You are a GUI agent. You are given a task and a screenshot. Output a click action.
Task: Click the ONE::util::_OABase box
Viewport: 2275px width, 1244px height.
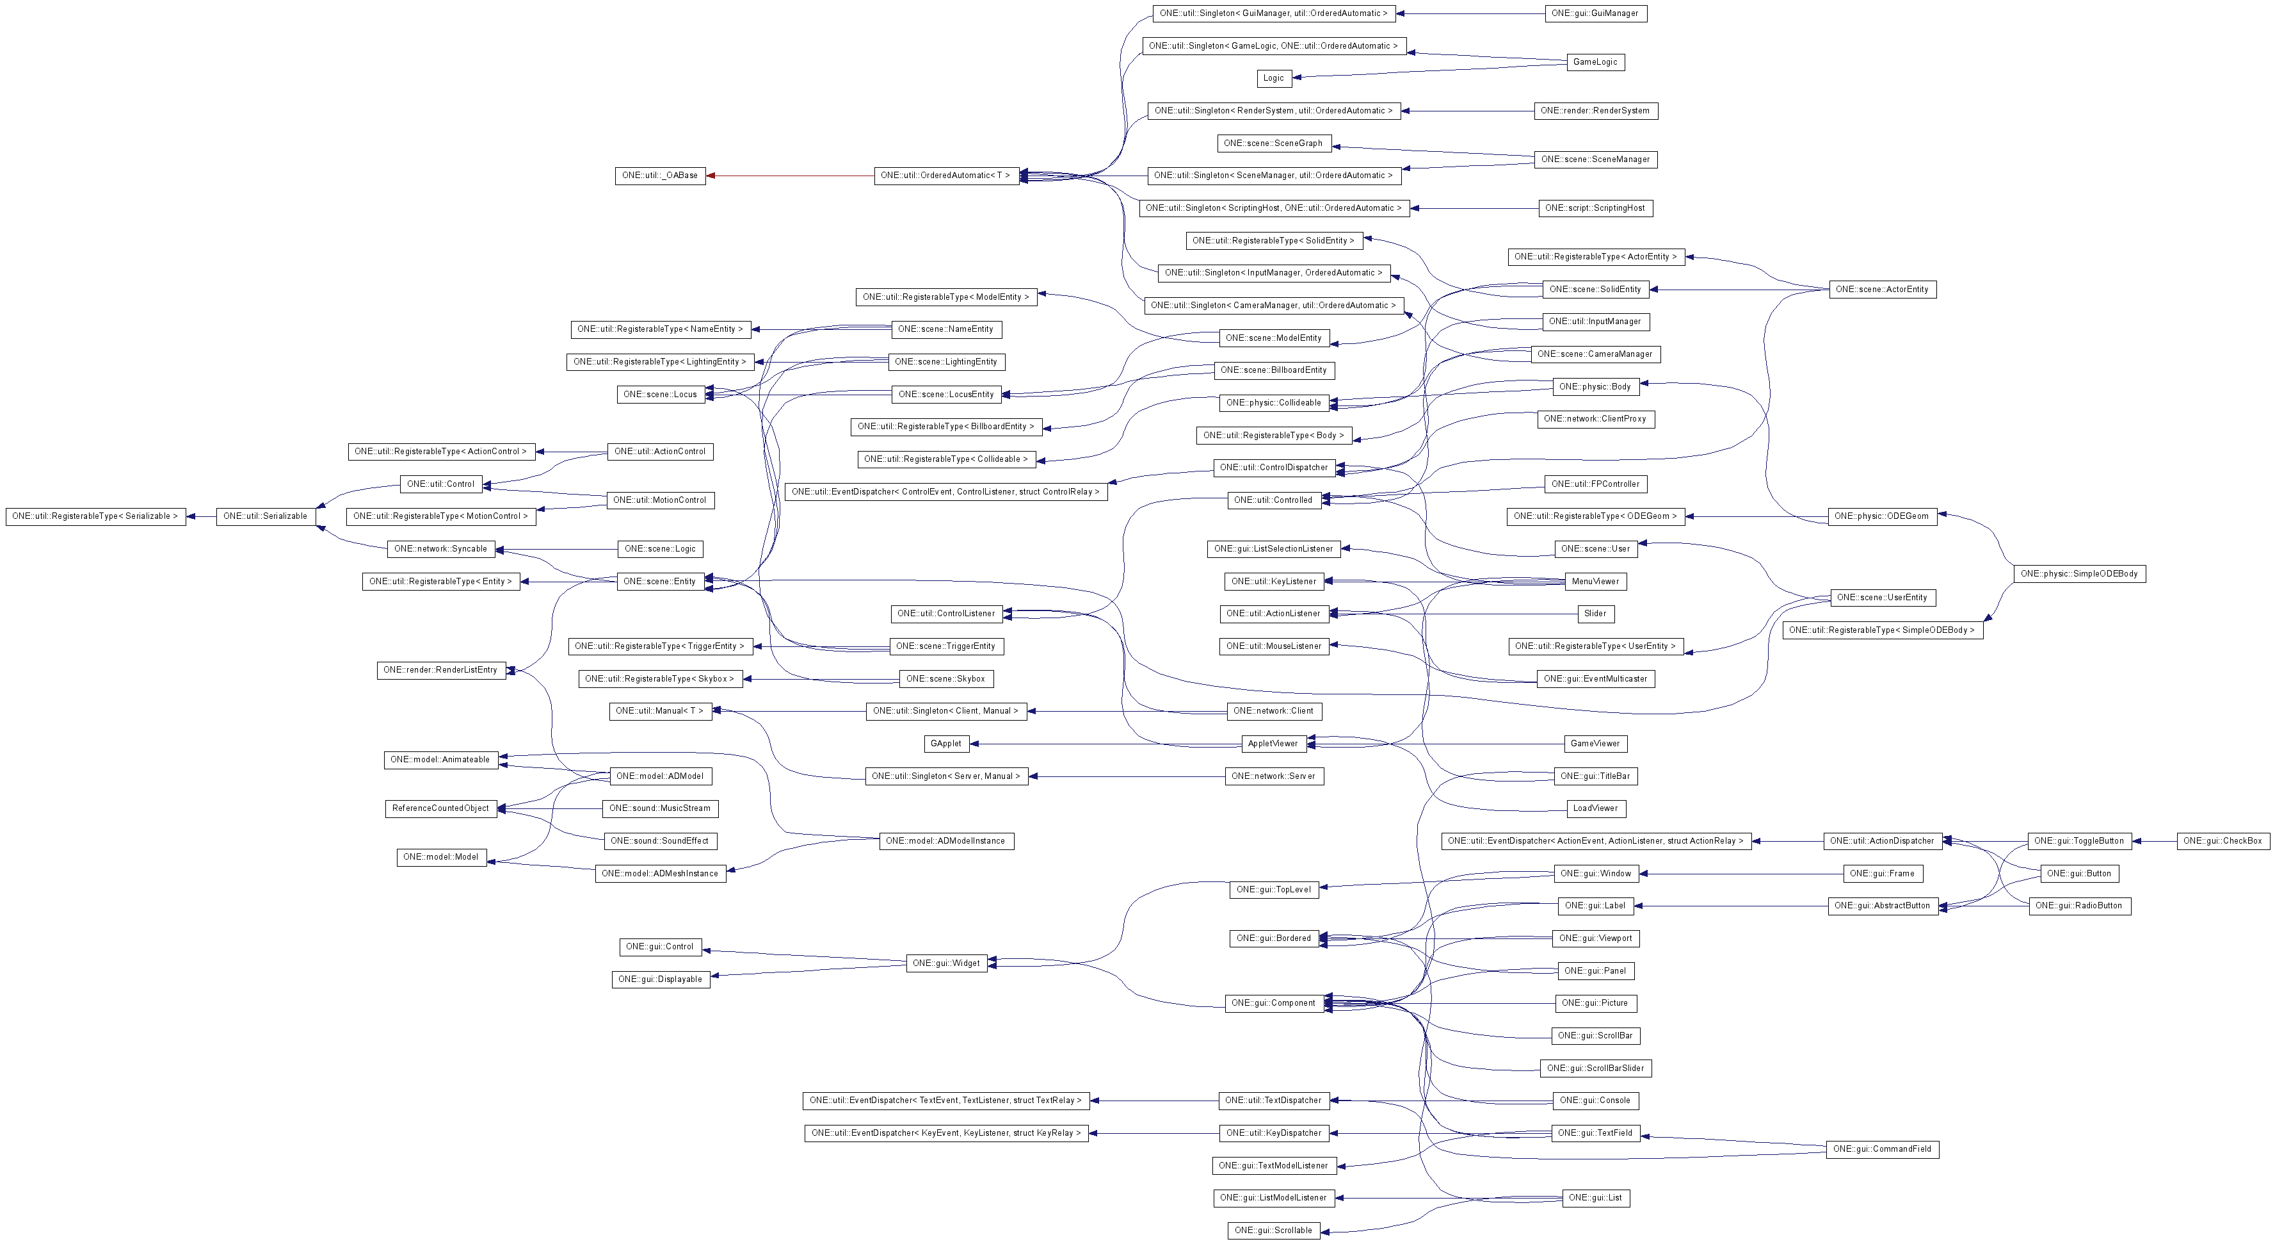point(660,176)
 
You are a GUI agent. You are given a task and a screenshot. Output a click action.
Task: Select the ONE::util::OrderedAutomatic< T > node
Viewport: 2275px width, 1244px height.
point(945,176)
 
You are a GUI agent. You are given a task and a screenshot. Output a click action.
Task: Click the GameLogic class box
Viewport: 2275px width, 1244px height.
point(1595,62)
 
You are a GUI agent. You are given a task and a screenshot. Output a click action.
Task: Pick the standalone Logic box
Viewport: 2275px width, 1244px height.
point(1273,79)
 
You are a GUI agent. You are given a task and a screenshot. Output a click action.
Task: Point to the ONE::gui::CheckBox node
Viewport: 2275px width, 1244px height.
point(2222,841)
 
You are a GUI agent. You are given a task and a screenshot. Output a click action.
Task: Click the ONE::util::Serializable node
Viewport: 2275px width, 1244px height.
point(265,516)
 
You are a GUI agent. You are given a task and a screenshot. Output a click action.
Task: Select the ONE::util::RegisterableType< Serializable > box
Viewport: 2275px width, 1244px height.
point(95,516)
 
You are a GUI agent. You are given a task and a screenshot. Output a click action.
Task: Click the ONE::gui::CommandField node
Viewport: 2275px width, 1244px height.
point(1882,1149)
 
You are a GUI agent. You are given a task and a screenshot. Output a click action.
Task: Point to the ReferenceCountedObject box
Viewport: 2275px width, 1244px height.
point(440,808)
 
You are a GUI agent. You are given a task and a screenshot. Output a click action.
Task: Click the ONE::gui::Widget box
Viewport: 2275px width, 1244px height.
point(946,963)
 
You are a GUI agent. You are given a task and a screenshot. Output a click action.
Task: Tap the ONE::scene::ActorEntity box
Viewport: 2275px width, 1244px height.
point(1882,290)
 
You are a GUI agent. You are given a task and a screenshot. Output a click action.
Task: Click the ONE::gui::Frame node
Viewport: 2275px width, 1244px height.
point(1882,874)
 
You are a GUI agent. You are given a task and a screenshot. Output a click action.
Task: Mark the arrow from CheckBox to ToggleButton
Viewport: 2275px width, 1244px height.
point(2155,841)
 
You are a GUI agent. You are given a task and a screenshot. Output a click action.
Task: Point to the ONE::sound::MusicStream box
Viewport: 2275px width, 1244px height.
point(661,808)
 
